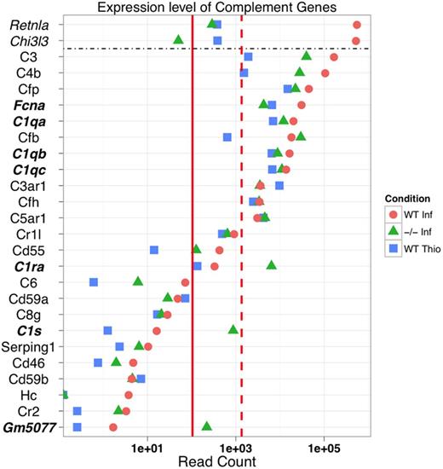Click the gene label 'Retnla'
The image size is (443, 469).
click(27, 25)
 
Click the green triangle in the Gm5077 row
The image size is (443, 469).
click(206, 425)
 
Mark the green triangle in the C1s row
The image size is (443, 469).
click(233, 329)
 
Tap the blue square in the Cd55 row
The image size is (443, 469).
click(154, 250)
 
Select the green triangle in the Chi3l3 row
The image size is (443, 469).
click(178, 39)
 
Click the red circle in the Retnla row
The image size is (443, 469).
click(356, 26)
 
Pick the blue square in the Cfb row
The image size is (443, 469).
click(227, 137)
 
